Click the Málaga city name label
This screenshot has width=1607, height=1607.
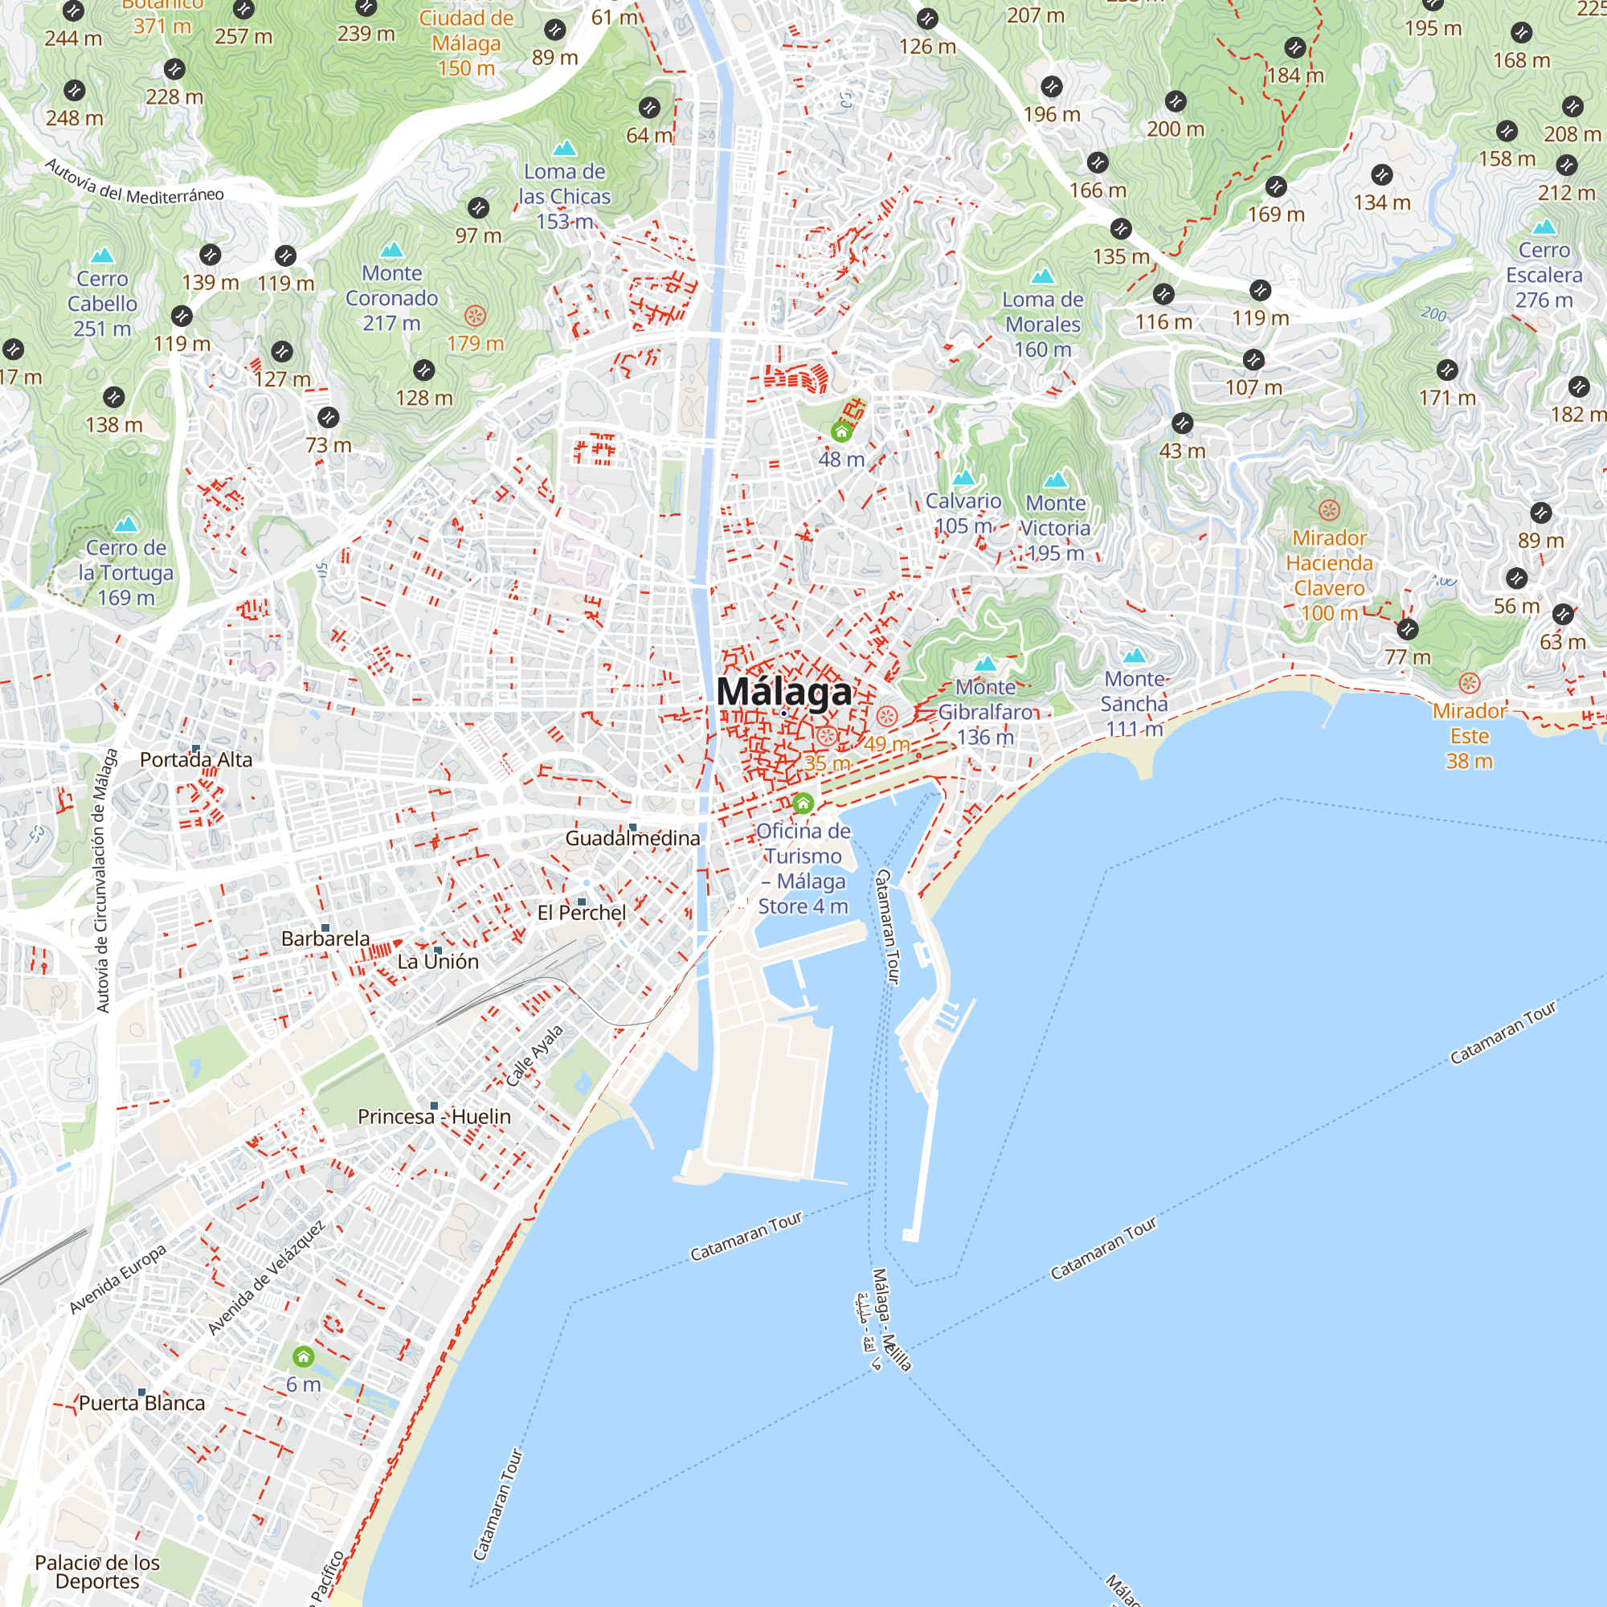[783, 692]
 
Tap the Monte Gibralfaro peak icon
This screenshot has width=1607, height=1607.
[985, 664]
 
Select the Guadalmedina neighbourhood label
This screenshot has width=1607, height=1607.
[632, 838]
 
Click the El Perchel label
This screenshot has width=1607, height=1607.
[582, 913]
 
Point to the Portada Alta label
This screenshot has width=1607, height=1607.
[195, 759]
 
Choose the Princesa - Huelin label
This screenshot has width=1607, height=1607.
[433, 1116]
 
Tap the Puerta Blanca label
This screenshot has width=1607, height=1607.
[141, 1403]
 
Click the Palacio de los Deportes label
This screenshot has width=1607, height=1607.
[97, 1572]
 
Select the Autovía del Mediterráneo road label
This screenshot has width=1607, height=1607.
[134, 182]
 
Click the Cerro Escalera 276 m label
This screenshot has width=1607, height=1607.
[1544, 275]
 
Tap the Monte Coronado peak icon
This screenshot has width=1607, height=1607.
[391, 250]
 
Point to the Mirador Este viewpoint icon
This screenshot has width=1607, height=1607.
[1469, 684]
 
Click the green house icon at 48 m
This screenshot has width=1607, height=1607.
[841, 431]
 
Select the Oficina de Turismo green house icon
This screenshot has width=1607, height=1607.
[803, 803]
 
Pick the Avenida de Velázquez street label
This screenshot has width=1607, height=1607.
[266, 1278]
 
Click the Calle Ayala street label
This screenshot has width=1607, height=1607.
[535, 1056]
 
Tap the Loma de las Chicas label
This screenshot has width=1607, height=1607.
[564, 196]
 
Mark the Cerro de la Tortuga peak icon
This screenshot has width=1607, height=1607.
[125, 524]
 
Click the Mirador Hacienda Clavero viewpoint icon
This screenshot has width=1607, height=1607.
[1329, 510]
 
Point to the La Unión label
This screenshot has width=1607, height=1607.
[438, 962]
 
